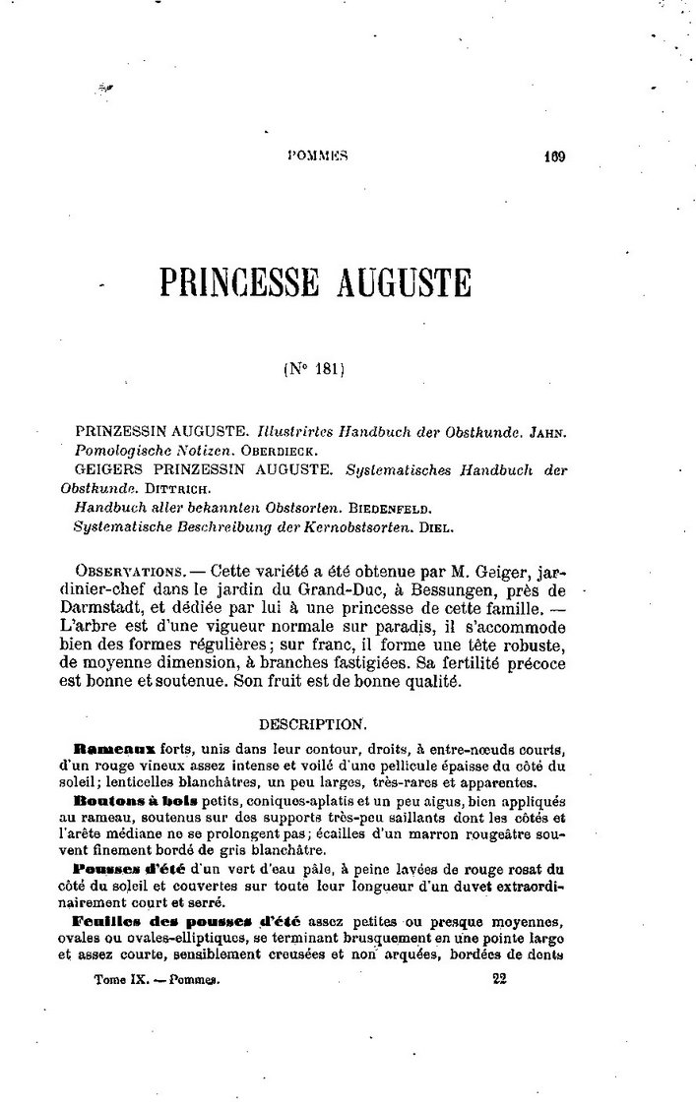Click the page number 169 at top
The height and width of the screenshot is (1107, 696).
552,154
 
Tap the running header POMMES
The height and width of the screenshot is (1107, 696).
319,154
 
